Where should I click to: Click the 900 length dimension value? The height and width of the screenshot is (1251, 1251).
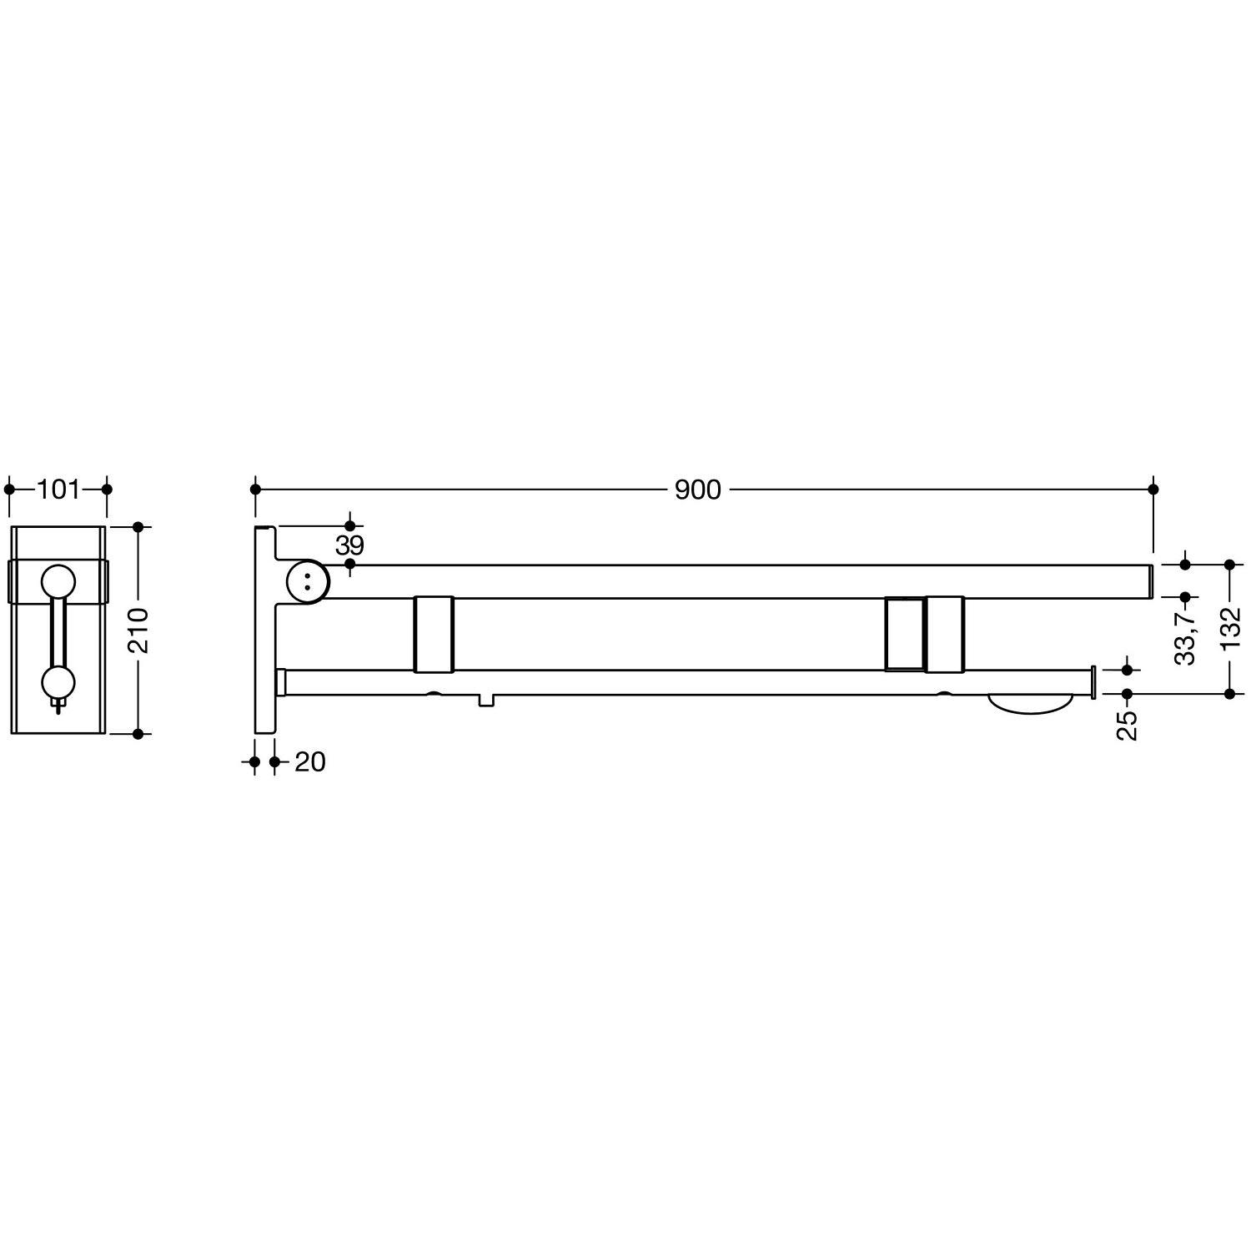click(697, 490)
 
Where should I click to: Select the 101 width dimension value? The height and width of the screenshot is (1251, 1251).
click(58, 490)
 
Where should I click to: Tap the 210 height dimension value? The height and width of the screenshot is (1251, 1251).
click(139, 631)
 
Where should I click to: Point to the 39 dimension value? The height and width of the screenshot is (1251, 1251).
click(349, 545)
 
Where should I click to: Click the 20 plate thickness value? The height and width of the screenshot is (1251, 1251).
click(310, 761)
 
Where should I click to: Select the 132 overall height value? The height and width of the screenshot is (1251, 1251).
click(1230, 628)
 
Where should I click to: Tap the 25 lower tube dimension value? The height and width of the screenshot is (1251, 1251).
click(1128, 725)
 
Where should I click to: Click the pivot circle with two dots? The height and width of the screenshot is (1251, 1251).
click(307, 581)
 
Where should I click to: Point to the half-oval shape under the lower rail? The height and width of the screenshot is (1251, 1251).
click(1029, 703)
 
